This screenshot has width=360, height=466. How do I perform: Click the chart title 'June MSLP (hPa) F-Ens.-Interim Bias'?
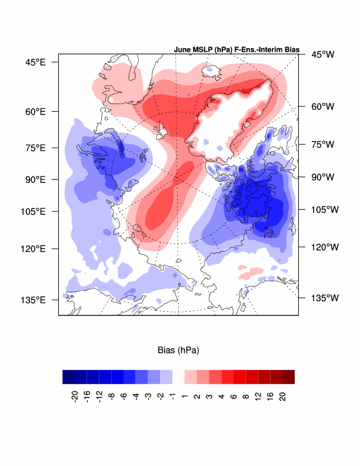pos(237,50)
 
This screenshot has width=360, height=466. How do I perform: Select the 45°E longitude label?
pos(35,61)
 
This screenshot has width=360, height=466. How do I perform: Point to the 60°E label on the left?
pos(35,111)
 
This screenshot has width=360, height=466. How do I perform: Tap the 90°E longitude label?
pos(35,179)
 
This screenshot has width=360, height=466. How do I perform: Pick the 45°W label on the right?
pos(322,54)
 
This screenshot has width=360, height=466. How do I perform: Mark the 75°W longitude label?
pos(322,144)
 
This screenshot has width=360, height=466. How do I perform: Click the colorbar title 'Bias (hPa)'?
pos(178,351)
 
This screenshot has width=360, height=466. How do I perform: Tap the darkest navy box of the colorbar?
pos(69,377)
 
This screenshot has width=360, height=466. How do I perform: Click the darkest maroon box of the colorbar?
pos(288,377)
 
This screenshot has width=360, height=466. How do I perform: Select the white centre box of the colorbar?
pos(178,377)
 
